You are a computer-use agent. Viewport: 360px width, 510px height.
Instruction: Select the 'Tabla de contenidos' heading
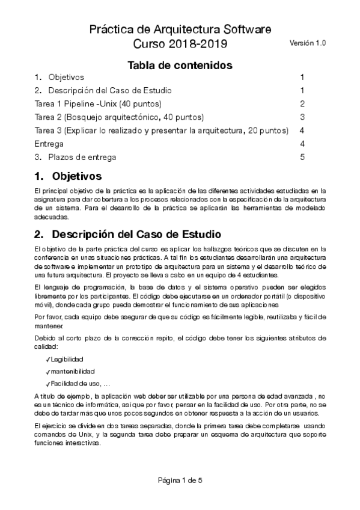(x=180, y=64)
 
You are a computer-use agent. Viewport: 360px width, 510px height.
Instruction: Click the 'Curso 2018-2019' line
(x=180, y=44)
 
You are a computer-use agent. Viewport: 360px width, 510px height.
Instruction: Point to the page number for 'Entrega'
(x=302, y=144)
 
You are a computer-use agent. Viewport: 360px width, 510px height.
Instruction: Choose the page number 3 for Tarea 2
(x=302, y=117)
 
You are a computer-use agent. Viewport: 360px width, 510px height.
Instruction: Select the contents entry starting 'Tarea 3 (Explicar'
(x=162, y=131)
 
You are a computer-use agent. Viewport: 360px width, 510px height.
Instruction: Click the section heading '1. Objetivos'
(x=69, y=177)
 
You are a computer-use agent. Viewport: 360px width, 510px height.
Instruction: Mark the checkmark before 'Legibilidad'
(x=47, y=359)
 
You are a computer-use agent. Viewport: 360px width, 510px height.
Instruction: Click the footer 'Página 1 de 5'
(x=180, y=480)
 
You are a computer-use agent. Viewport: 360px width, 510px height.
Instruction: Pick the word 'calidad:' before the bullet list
(x=47, y=347)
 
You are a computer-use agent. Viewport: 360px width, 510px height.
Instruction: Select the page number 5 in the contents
(x=302, y=158)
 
